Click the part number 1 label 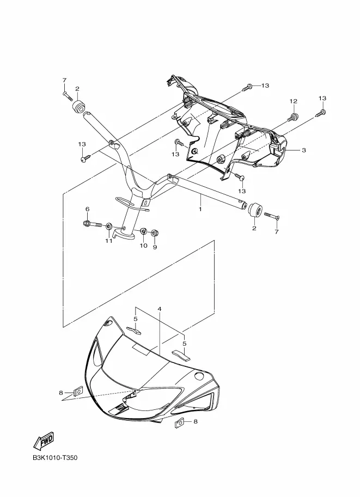pyautogui.click(x=200, y=209)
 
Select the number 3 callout pyautogui.click(x=303, y=150)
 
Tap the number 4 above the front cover pyautogui.click(x=160, y=309)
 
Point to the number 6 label pyautogui.click(x=87, y=210)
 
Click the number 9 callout pyautogui.click(x=154, y=247)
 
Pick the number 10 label pyautogui.click(x=143, y=246)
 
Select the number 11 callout pyautogui.click(x=108, y=241)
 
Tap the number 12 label pyautogui.click(x=293, y=101)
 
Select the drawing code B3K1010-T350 pyautogui.click(x=55, y=458)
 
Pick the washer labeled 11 pyautogui.click(x=109, y=226)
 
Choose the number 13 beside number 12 pyautogui.click(x=322, y=99)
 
